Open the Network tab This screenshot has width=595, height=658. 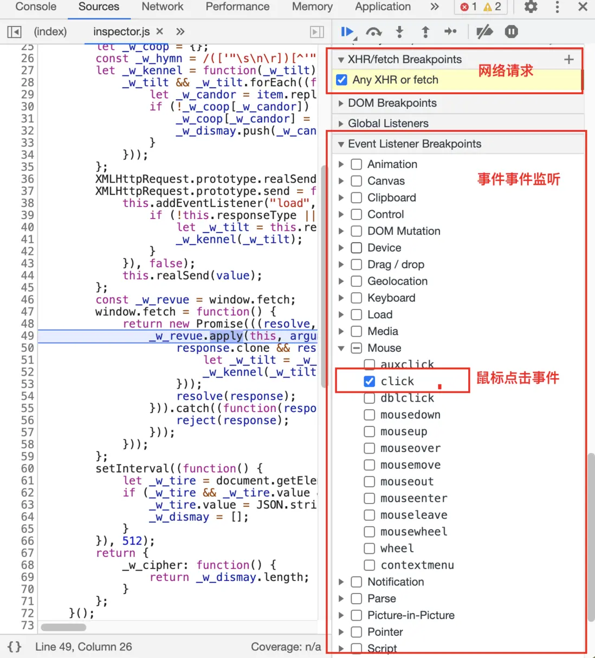(x=163, y=7)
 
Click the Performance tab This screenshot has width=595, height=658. (x=237, y=7)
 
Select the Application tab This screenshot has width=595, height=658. (x=383, y=7)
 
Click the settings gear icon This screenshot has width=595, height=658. (x=531, y=7)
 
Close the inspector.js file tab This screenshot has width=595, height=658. (x=160, y=31)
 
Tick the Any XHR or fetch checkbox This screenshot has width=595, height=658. (x=341, y=80)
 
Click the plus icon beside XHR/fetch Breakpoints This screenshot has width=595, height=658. (x=569, y=60)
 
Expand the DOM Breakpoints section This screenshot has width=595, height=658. (x=341, y=104)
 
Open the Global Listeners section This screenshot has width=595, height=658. (x=341, y=124)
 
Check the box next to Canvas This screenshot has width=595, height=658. (x=356, y=181)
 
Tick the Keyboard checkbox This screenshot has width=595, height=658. (x=356, y=298)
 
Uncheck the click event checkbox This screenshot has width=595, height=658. (x=370, y=381)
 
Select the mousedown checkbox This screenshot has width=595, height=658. (x=370, y=415)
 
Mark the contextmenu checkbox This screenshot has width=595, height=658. (x=370, y=565)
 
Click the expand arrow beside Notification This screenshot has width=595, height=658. (x=341, y=582)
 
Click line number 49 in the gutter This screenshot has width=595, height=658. (x=27, y=336)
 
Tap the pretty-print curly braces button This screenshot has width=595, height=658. (x=15, y=647)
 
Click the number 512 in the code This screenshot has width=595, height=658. (x=132, y=540)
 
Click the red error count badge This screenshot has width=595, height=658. (x=468, y=7)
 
